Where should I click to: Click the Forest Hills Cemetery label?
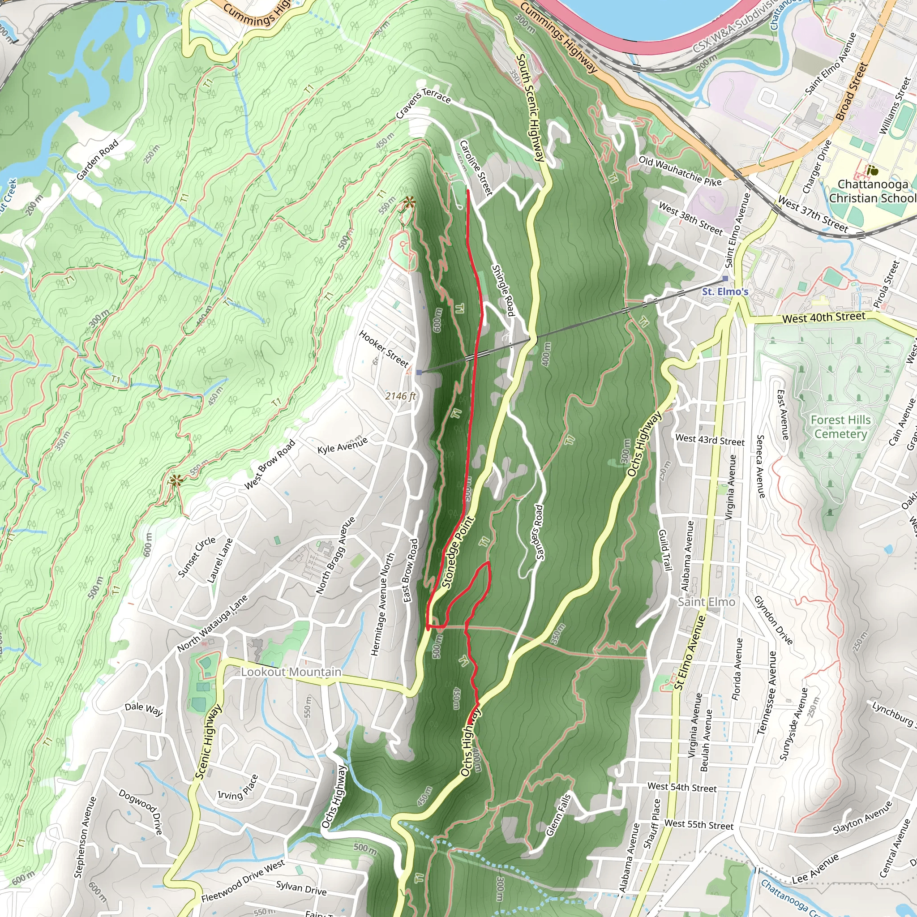840,427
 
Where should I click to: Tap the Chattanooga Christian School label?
873,191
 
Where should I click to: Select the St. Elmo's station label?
725,291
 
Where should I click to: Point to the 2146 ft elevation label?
400,396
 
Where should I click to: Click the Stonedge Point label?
458,553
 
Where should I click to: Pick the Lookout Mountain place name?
291,672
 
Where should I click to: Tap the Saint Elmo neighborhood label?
706,602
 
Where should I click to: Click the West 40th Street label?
823,317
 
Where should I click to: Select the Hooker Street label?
384,349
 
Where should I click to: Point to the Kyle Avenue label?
342,445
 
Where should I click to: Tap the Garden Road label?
97,160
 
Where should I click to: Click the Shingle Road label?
503,290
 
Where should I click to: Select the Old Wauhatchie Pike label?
680,171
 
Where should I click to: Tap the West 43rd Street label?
710,440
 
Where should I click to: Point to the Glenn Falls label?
558,815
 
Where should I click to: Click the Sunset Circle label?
197,557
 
